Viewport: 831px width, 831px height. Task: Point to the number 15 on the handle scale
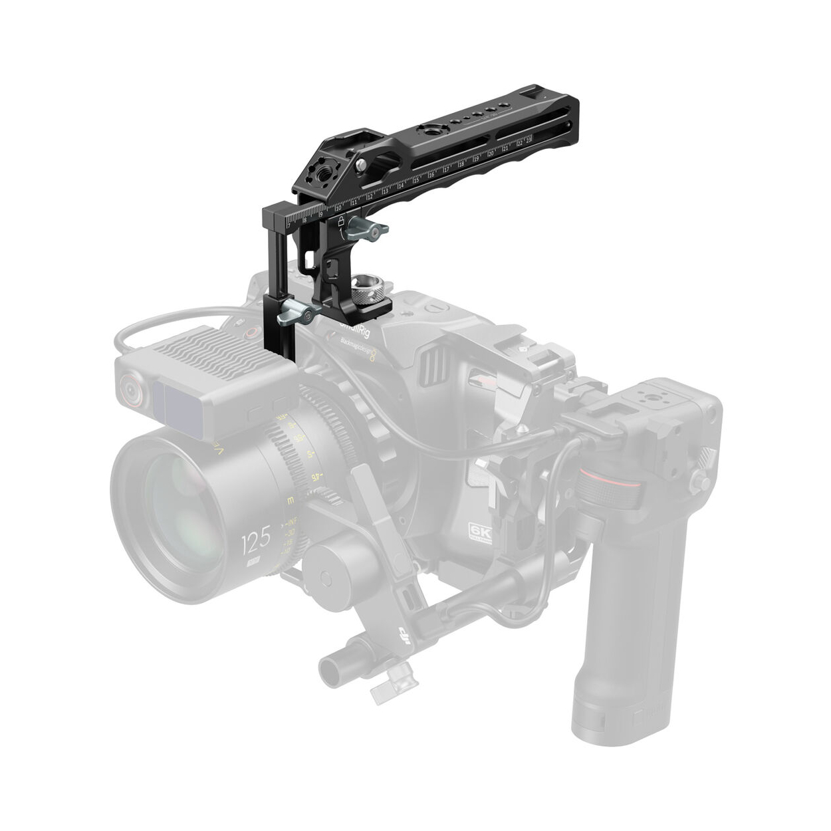[416, 179]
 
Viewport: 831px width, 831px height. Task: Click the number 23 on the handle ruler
[529, 141]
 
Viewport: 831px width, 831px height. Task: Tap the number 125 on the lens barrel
[255, 539]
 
